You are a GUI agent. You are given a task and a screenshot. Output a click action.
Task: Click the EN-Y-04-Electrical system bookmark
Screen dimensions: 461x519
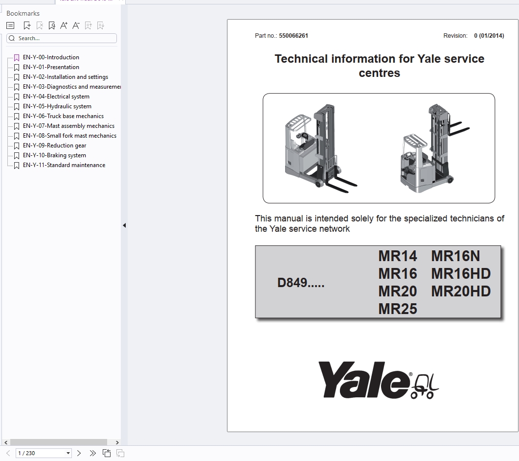pos(56,97)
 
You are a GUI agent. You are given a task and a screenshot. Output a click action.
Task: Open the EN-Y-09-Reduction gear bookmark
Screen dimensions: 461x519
pos(54,146)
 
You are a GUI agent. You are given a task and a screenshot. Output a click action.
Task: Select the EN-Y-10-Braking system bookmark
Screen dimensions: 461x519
pos(54,155)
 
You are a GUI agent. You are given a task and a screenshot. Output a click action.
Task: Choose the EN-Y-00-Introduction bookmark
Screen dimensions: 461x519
pos(51,57)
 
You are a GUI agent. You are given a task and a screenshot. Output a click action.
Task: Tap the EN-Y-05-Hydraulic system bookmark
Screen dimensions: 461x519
pos(57,106)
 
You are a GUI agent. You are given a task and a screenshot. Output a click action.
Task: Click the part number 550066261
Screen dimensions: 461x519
pos(293,36)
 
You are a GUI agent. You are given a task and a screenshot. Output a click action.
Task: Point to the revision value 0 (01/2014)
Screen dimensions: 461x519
pos(489,36)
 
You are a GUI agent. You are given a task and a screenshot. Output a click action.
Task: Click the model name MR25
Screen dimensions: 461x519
pos(397,309)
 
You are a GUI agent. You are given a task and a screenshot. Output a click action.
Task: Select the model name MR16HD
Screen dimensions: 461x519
pos(461,274)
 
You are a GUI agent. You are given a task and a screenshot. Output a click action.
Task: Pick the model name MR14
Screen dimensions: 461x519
pos(397,256)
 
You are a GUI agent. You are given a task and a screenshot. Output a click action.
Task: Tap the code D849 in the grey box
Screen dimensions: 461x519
pos(300,283)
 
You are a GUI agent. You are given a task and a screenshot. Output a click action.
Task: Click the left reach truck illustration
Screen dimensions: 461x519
pos(319,146)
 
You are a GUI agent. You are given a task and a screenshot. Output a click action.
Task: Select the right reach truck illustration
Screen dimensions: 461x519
pos(433,148)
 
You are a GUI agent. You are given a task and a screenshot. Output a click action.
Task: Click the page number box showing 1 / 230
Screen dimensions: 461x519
pos(44,453)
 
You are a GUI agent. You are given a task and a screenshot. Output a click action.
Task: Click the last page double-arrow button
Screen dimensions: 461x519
pos(93,453)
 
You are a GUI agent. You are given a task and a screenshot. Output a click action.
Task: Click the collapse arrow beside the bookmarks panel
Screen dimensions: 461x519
pos(124,225)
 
